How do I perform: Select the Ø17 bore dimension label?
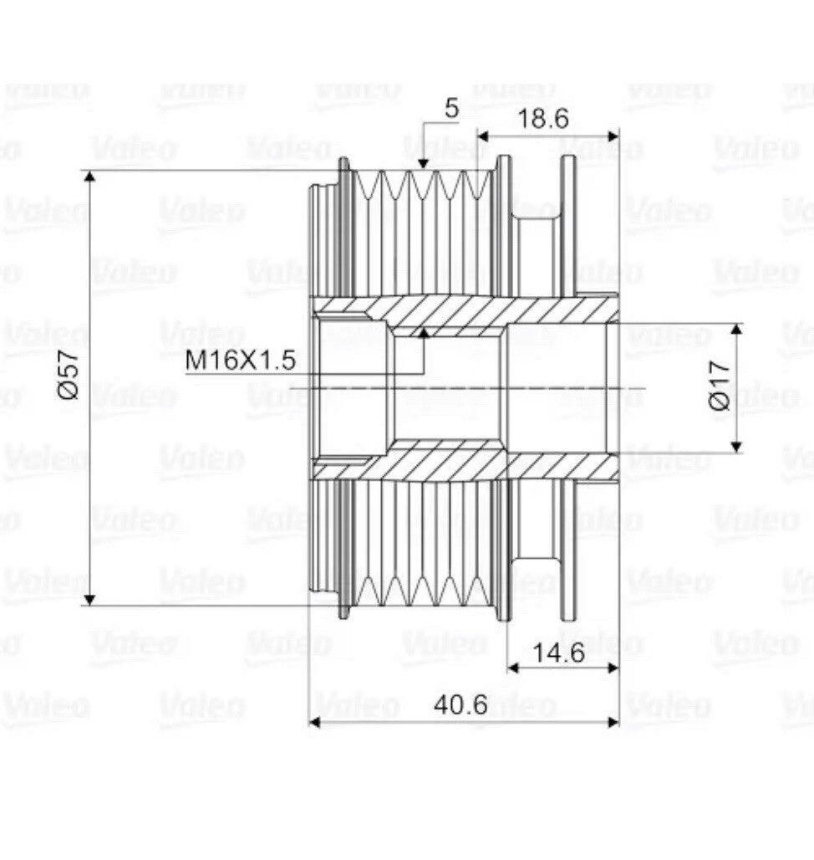point(720,386)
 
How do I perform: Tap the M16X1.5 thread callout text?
point(241,361)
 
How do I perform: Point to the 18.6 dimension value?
point(543,119)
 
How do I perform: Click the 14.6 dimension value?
point(559,653)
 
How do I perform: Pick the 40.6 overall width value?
point(460,704)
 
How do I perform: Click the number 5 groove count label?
point(451,109)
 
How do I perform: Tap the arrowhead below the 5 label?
point(422,163)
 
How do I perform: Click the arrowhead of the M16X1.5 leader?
point(422,333)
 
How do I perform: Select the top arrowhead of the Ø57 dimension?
point(90,176)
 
